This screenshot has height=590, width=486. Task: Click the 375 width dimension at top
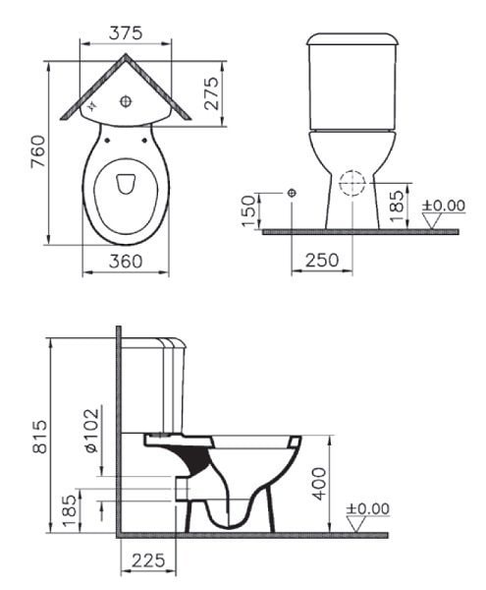(125, 32)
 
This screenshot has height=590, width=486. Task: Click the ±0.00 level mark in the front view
(443, 206)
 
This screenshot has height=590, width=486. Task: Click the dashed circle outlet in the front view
(352, 183)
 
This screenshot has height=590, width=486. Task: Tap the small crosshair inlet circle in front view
(292, 193)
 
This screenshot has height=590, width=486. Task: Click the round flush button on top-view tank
(127, 100)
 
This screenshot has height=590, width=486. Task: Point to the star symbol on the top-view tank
(94, 102)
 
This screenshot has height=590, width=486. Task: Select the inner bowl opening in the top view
(127, 184)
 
